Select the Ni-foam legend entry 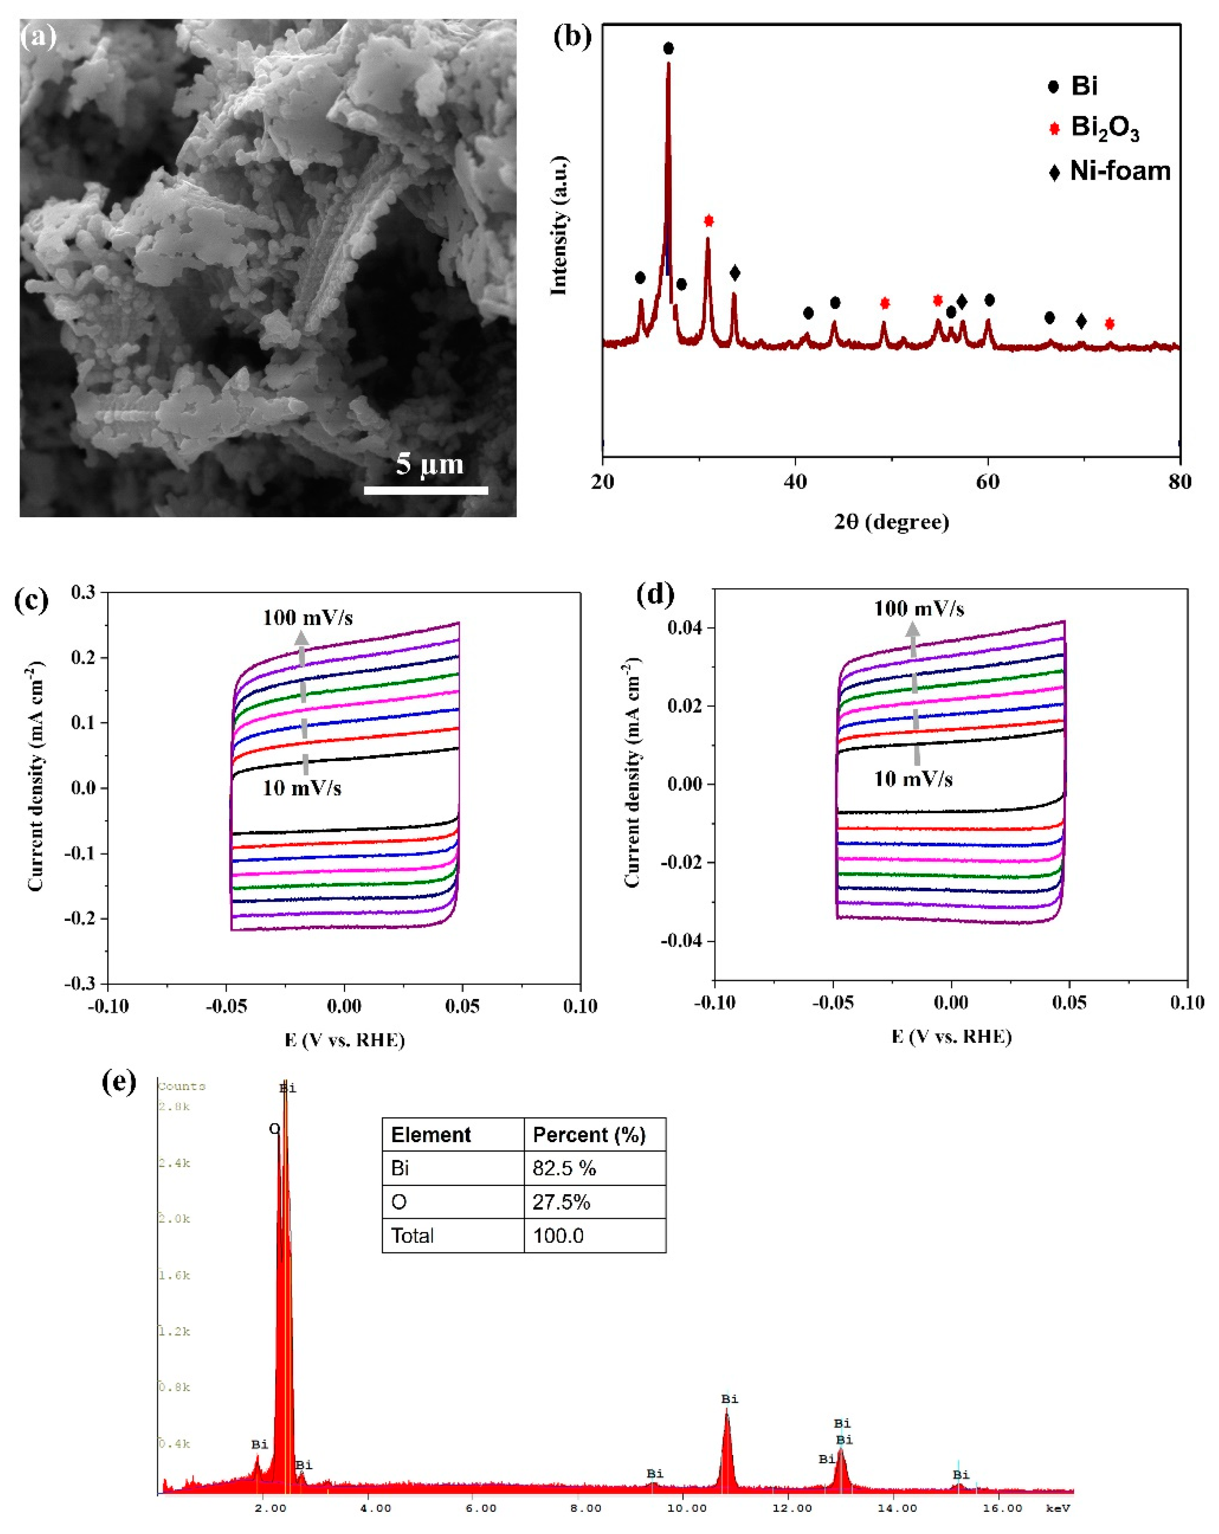1120,171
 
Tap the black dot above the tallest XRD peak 668,48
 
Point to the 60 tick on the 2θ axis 987,482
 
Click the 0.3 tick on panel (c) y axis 83,592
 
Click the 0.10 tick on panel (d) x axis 1186,1002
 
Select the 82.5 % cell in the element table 563,1168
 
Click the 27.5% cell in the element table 561,1202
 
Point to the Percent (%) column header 589,1134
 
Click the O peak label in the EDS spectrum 274,1129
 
